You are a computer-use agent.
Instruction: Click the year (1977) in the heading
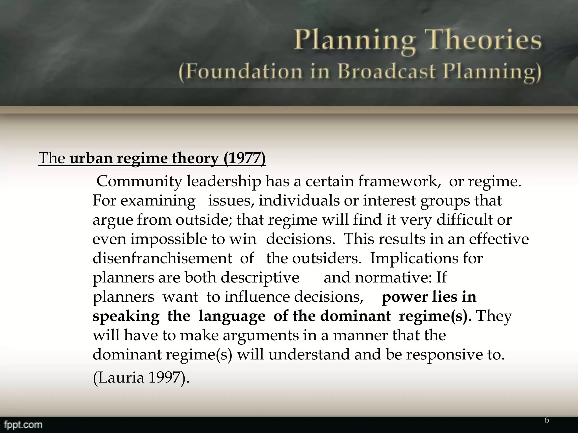tap(244, 158)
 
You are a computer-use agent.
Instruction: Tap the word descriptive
tap(260, 278)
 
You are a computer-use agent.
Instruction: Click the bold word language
tap(232, 316)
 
